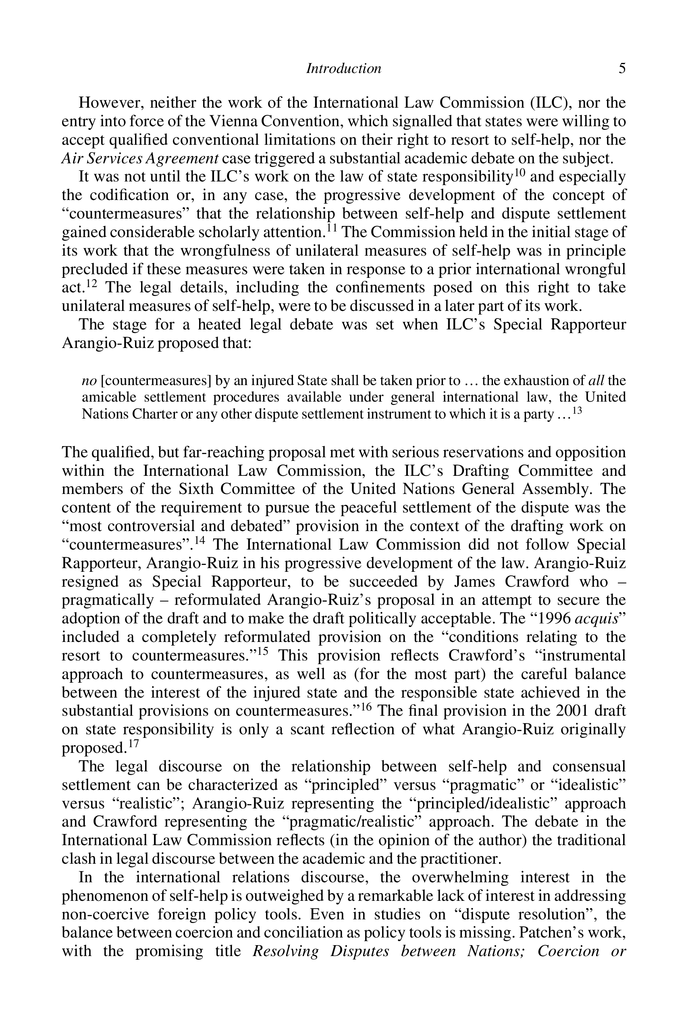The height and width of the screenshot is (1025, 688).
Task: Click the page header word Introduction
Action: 343,69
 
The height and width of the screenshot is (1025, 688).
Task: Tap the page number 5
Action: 622,69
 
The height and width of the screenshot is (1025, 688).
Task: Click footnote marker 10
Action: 520,172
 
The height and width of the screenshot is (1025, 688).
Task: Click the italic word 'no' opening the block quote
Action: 89,380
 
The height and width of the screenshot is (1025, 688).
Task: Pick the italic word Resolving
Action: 286,951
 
